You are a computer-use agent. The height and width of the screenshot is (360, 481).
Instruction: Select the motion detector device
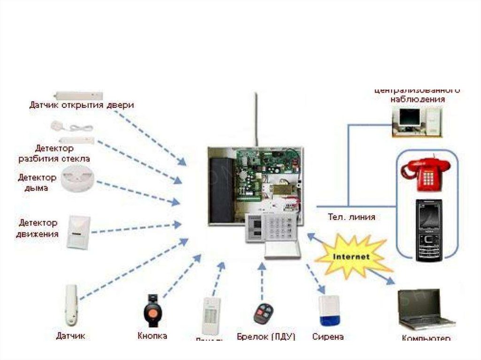click(x=77, y=232)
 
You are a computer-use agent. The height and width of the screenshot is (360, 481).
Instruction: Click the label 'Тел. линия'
click(x=351, y=217)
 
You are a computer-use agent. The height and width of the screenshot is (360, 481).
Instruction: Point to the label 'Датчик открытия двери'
click(x=81, y=105)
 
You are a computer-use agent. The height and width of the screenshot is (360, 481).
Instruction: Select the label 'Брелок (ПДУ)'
click(x=266, y=337)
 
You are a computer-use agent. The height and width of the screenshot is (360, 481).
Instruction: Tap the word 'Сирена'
click(x=328, y=337)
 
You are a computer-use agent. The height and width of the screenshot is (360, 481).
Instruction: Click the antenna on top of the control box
click(x=256, y=120)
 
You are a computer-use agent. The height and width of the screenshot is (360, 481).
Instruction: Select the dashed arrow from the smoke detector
click(x=138, y=192)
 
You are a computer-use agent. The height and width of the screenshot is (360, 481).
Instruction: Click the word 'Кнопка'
click(x=152, y=336)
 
